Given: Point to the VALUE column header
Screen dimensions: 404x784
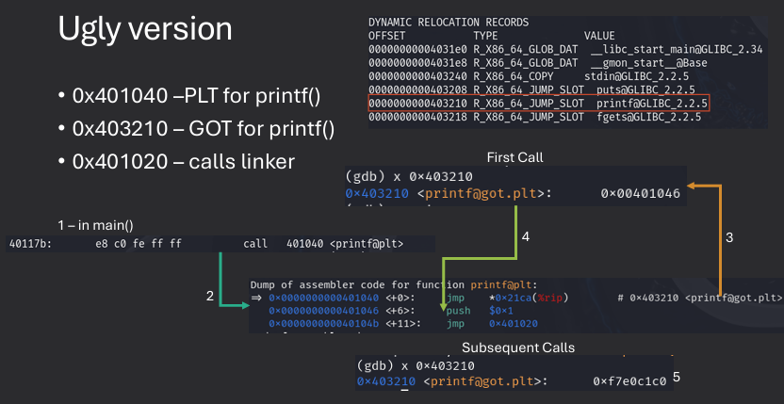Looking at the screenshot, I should coord(599,35).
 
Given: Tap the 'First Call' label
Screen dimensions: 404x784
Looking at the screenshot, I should coord(514,156).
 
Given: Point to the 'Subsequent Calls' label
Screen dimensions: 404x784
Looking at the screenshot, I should coord(517,347).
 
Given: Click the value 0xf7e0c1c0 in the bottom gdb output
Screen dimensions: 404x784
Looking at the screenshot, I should coord(629,381).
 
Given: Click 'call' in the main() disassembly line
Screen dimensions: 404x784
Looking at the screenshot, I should coord(255,244).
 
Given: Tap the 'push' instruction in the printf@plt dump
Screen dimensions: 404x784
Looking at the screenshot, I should coord(459,310).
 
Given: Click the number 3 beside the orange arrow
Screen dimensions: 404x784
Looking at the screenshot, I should coord(728,238).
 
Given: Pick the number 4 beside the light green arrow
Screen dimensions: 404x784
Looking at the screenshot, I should coord(525,237).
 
